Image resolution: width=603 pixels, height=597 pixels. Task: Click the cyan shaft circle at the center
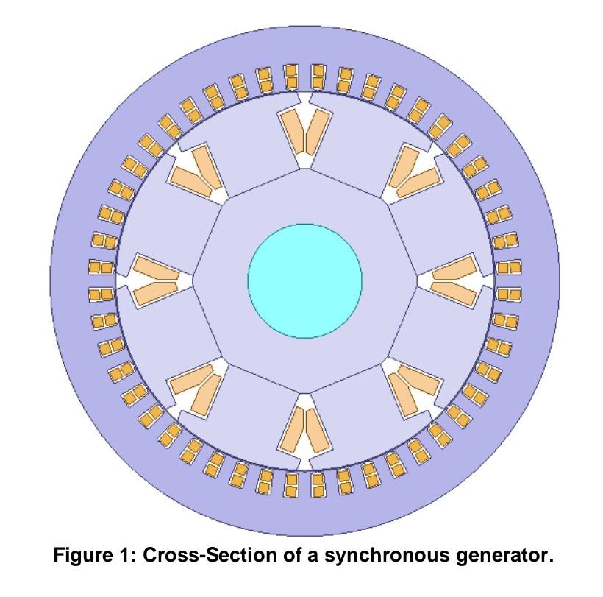pyautogui.click(x=304, y=280)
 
